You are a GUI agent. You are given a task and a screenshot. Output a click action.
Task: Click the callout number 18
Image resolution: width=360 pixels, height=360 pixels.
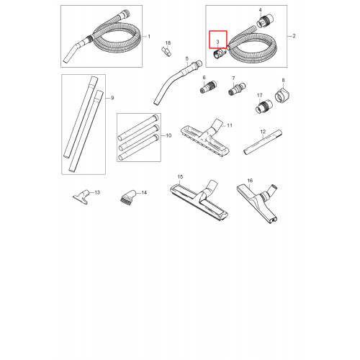click(x=168, y=43)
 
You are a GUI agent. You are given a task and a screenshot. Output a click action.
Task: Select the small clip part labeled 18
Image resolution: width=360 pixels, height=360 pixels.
click(x=166, y=52)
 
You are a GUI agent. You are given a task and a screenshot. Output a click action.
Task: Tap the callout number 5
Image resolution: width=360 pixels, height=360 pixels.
click(x=187, y=58)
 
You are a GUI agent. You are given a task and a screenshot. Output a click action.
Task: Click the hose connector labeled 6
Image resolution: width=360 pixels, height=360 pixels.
click(x=208, y=87)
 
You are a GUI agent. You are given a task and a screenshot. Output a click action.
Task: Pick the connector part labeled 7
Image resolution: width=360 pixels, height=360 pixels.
click(x=237, y=89)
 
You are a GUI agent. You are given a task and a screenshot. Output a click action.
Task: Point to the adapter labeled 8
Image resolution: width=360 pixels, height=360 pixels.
click(x=282, y=95)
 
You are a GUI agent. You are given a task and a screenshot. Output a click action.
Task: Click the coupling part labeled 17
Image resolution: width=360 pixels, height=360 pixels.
click(x=264, y=107)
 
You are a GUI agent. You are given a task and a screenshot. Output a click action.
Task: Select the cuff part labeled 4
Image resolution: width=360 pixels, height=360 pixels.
click(x=265, y=21)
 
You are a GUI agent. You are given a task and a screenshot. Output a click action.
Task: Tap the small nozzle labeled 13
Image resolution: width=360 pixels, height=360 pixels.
click(x=81, y=197)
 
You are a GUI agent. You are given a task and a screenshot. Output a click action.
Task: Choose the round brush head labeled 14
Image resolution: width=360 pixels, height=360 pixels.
click(x=128, y=197)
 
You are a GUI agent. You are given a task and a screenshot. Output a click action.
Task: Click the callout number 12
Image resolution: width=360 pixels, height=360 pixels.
click(x=263, y=132)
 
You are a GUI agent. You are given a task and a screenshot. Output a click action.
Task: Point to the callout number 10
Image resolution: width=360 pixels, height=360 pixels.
click(x=168, y=135)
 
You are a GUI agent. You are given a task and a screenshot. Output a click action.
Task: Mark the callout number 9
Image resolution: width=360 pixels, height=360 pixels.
click(x=112, y=98)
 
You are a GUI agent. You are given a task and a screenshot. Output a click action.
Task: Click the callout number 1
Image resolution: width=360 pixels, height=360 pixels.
click(x=149, y=37)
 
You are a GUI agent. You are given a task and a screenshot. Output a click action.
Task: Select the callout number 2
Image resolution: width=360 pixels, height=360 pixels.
click(x=294, y=36)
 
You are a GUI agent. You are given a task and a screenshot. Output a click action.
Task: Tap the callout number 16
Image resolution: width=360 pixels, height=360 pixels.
click(x=250, y=181)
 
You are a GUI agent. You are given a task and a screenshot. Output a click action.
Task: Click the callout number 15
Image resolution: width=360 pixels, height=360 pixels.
click(x=180, y=177)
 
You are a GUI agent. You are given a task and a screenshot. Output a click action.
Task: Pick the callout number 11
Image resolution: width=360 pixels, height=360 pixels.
click(x=230, y=125)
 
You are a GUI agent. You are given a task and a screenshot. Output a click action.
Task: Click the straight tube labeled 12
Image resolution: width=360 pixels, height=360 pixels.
click(x=263, y=142)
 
